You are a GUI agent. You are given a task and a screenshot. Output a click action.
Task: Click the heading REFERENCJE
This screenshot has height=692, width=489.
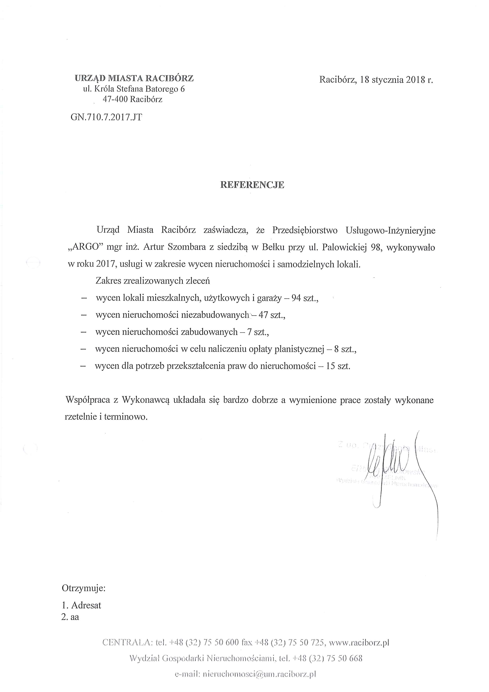[252, 185]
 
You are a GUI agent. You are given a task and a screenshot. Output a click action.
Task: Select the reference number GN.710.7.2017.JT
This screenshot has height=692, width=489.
[106, 117]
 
